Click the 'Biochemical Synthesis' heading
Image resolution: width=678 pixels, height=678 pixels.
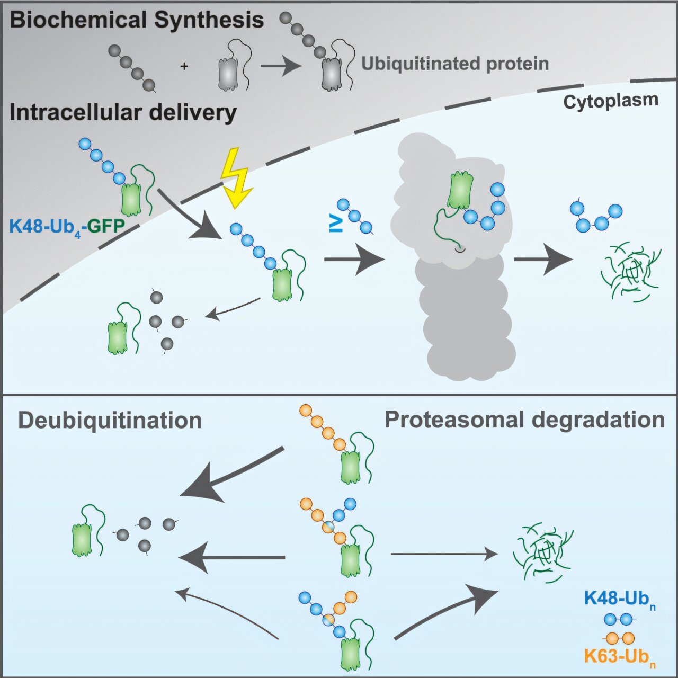point(137,21)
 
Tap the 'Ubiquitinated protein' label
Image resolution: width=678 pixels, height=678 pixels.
point(454,64)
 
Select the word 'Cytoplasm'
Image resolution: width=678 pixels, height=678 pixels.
point(610,101)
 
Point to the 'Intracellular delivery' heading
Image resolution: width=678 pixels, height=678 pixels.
point(123,113)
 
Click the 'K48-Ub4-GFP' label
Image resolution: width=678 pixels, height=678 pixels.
point(67,227)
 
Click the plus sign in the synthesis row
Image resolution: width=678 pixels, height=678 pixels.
point(184,67)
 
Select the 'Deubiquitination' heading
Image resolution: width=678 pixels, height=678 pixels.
point(110,421)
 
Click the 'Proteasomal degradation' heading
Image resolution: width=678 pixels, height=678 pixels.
point(524,420)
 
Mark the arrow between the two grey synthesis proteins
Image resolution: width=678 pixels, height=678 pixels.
point(281,67)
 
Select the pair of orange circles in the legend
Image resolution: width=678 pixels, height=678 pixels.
point(620,638)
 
